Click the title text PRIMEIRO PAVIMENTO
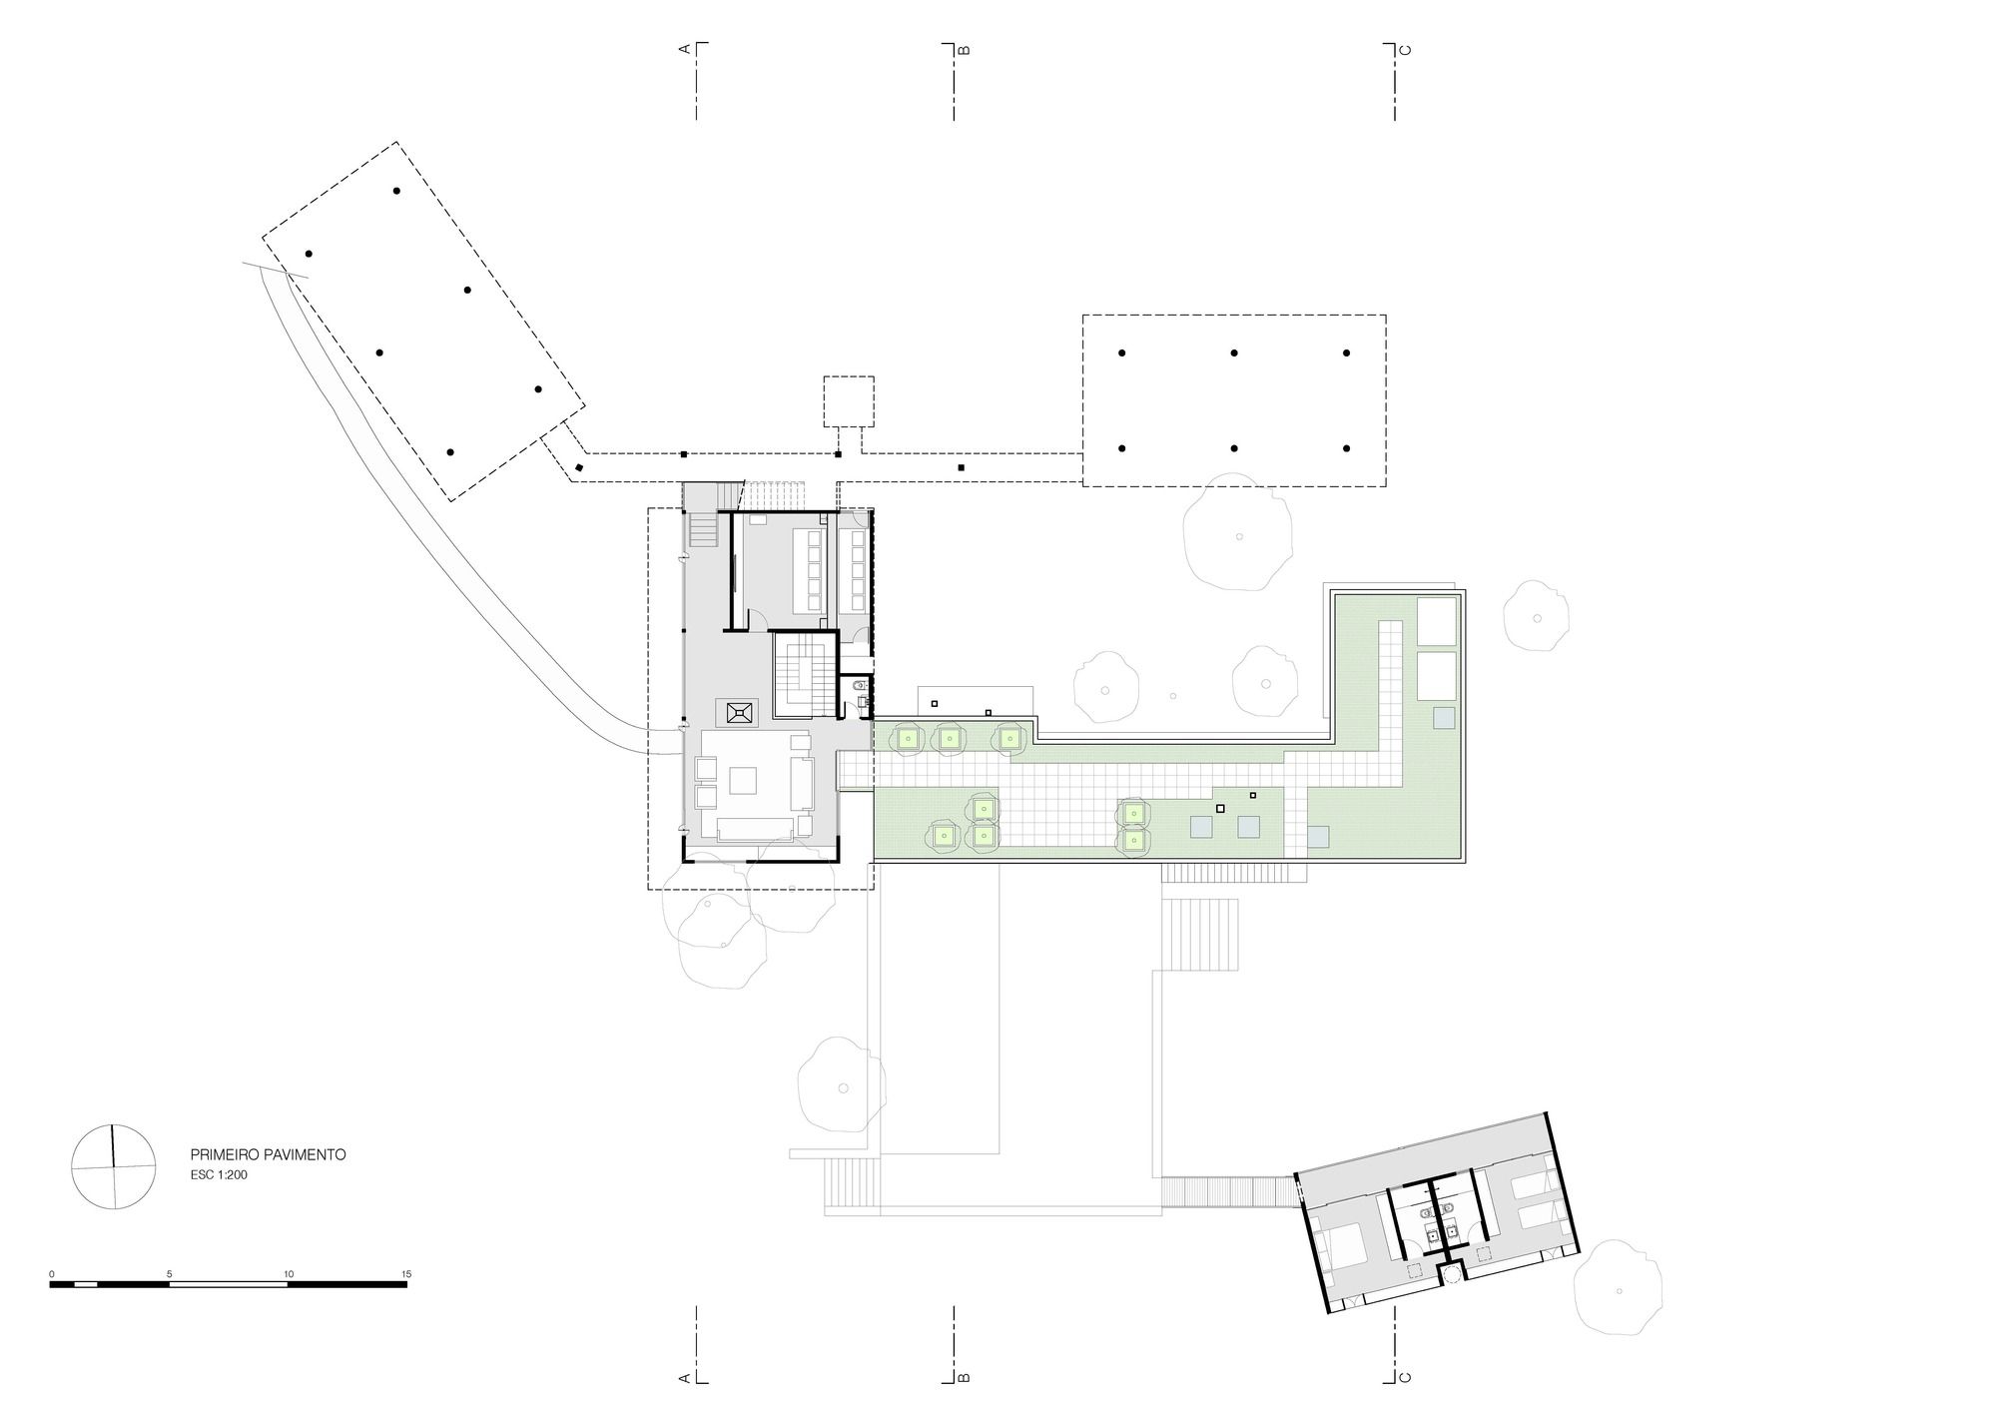click(268, 1154)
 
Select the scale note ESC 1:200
click(219, 1175)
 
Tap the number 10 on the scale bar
click(289, 1274)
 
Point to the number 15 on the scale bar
click(406, 1274)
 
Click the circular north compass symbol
click(114, 1166)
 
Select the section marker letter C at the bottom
click(1406, 1377)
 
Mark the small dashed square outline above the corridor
click(849, 401)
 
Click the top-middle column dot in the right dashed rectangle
click(1234, 353)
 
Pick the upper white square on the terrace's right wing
click(1436, 621)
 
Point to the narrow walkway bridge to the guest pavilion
click(1228, 1191)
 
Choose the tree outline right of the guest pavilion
click(1619, 1288)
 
